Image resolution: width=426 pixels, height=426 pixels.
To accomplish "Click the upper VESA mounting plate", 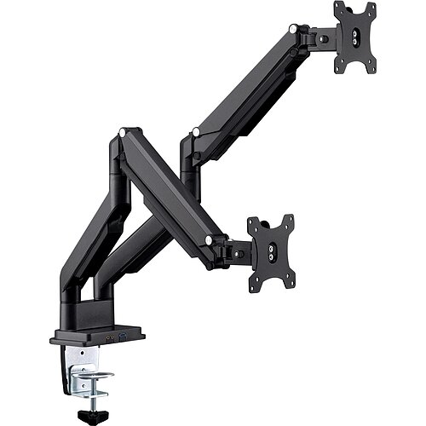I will tap(354, 37).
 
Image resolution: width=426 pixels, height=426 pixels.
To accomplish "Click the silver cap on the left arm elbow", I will tap(123, 134).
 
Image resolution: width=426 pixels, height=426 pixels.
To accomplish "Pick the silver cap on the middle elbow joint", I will tap(196, 132).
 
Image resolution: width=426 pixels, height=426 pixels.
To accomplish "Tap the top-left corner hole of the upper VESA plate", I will tap(338, 8).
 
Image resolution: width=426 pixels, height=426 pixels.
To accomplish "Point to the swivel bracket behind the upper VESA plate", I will tap(322, 37).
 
